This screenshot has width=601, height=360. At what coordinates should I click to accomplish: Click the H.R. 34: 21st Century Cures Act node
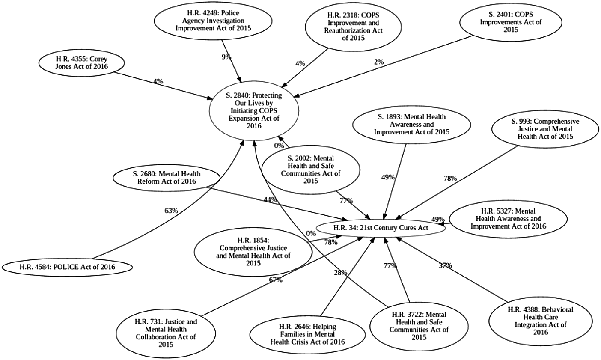click(381, 228)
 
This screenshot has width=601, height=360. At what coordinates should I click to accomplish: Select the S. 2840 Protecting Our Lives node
click(254, 111)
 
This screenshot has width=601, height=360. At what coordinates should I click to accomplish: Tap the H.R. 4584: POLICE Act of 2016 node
click(67, 267)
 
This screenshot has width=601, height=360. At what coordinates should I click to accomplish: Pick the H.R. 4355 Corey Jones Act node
click(82, 63)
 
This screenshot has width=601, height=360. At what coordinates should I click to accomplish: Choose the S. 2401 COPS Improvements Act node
click(511, 22)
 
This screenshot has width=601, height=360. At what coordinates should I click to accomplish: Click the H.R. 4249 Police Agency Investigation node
click(213, 21)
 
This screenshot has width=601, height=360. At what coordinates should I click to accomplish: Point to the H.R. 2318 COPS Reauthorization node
click(353, 27)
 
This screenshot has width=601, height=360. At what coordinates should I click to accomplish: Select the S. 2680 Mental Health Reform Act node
click(167, 178)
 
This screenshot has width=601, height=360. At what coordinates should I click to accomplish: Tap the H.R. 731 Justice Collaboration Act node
click(166, 333)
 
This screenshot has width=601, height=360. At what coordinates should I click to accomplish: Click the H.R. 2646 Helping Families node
click(307, 334)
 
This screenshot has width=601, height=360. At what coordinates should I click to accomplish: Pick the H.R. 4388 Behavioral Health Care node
click(540, 321)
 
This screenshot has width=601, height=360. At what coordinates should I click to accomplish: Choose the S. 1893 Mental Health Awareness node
click(411, 125)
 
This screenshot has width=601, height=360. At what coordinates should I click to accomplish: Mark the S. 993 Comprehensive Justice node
click(545, 129)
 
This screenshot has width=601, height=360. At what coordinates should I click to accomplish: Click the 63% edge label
click(171, 211)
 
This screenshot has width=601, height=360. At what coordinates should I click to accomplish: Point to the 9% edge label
click(226, 57)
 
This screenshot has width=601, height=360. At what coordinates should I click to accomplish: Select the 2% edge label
click(379, 62)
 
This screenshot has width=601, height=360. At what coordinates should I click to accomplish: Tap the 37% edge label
click(445, 265)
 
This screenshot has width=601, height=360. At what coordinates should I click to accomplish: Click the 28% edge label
click(340, 273)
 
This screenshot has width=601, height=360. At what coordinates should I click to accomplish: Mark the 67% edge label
click(276, 280)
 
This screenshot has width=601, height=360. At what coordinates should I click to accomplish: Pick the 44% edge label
click(270, 200)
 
